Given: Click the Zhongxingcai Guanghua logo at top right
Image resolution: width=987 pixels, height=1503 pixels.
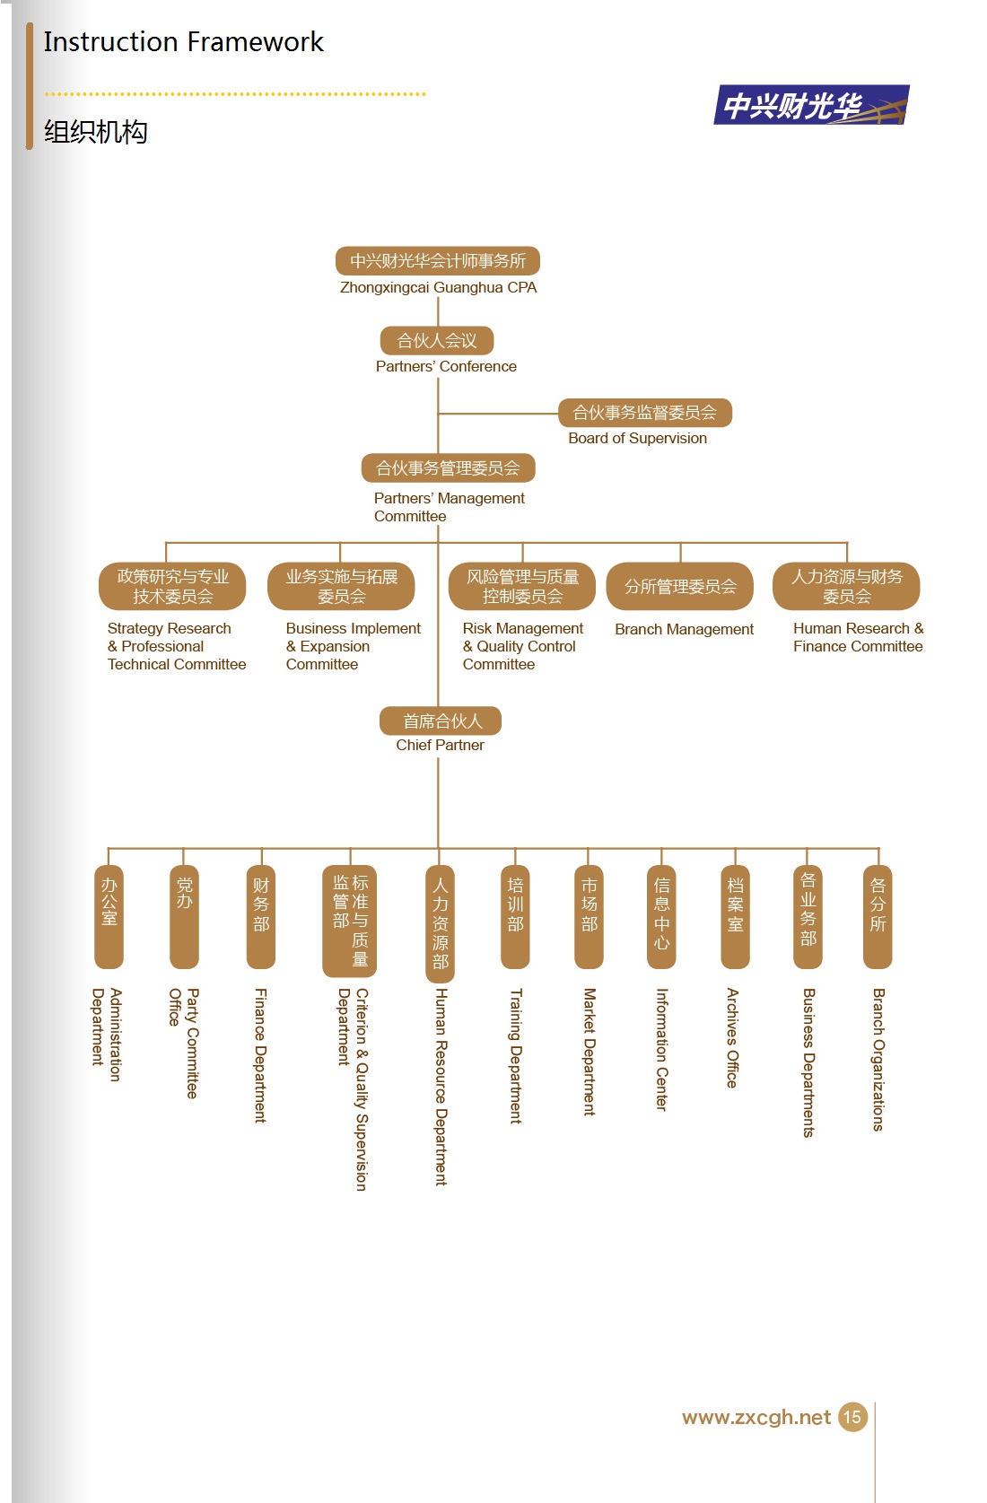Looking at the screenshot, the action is tap(811, 105).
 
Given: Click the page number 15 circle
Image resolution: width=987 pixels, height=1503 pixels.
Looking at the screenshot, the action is tap(852, 1417).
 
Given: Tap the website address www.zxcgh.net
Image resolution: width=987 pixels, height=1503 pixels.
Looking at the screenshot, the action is tap(756, 1417).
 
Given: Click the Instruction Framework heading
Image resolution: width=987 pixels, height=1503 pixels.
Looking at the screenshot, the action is tap(183, 41).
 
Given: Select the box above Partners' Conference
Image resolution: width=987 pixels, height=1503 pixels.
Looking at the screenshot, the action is tap(437, 340).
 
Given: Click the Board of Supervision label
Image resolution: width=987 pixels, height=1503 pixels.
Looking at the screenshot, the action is tap(637, 438).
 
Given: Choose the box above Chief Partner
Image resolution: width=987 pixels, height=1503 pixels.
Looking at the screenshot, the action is tap(441, 721).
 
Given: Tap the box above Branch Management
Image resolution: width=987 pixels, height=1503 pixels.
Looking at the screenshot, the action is tap(680, 586).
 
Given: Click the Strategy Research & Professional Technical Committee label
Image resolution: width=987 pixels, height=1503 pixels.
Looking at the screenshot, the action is tap(177, 646).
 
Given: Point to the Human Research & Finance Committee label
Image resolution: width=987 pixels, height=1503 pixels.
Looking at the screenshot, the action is tap(858, 637).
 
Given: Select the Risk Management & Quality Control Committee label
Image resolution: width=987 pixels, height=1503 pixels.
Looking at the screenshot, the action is tap(523, 646).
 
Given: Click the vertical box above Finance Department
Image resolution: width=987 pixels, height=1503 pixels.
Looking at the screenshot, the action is tap(261, 916).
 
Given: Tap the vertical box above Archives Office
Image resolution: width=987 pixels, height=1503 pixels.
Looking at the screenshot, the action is tap(735, 916).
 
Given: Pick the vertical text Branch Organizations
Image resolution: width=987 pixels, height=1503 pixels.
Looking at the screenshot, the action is tap(878, 1060).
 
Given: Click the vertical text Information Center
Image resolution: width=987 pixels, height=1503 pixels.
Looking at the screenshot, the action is tap(661, 1050).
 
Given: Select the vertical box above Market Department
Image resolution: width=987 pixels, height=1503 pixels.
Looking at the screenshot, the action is tap(589, 916).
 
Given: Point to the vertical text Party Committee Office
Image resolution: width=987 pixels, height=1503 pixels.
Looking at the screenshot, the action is tap(184, 1043).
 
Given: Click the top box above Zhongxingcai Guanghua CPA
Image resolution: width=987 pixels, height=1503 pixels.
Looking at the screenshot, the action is tap(438, 260).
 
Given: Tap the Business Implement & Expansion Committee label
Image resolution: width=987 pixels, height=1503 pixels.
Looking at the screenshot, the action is tap(353, 646).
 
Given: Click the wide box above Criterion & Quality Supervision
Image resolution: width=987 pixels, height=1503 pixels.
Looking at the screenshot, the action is tap(350, 921).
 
